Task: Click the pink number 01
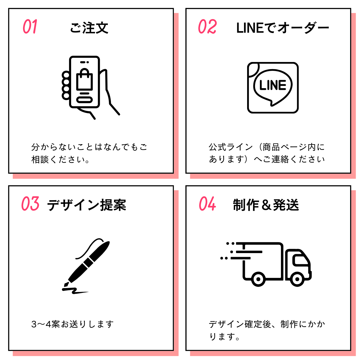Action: pyautogui.click(x=30, y=27)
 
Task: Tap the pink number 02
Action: pyautogui.click(x=207, y=27)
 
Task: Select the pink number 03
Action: pyautogui.click(x=30, y=204)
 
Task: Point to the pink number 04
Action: pyautogui.click(x=207, y=204)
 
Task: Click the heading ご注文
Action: pyautogui.click(x=89, y=28)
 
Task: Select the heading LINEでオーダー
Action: pyautogui.click(x=282, y=28)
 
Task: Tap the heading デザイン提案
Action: pyautogui.click(x=86, y=205)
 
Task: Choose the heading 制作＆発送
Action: pyautogui.click(x=266, y=205)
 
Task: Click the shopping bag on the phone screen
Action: pyautogui.click(x=84, y=80)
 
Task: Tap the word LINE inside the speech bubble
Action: pyautogui.click(x=273, y=85)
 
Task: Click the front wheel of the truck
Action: pyautogui.click(x=297, y=279)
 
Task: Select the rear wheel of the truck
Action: pyautogui.click(x=258, y=279)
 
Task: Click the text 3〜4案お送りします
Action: pyautogui.click(x=73, y=324)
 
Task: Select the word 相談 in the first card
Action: pyautogui.click(x=40, y=160)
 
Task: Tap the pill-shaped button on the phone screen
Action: pyautogui.click(x=84, y=100)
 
